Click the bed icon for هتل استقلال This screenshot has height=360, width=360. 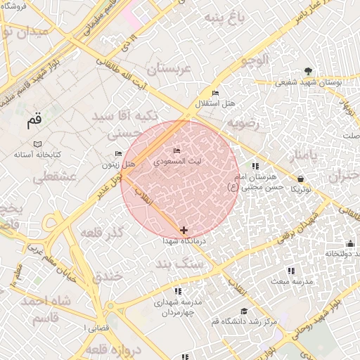pos(215,94)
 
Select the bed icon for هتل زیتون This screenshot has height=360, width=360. pos(118,154)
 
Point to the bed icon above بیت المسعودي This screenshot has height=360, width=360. pos(177,151)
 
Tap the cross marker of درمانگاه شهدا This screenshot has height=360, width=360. pos(184,230)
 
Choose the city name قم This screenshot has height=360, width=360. pos(34,120)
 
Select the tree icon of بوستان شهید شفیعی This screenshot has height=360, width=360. pos(308,71)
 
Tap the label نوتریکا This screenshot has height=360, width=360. pos(301,189)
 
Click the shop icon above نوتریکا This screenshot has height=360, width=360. pos(301,179)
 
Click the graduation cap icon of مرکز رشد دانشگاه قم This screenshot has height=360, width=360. pos(244,311)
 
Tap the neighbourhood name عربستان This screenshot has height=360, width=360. pos(168,69)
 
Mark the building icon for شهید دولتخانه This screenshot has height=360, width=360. pos(351,244)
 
